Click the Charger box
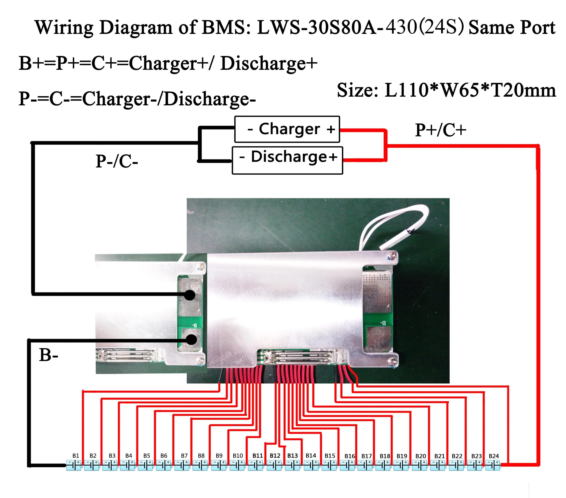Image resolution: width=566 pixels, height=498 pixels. pyautogui.click(x=287, y=129)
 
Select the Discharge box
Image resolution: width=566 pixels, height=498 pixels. pyautogui.click(x=287, y=160)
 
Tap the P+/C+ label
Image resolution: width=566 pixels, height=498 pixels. pyautogui.click(x=441, y=130)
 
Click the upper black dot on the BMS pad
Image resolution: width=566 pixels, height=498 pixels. pyautogui.click(x=190, y=295)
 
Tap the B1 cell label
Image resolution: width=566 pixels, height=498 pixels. pyautogui.click(x=76, y=456)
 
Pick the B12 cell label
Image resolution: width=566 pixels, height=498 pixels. pyautogui.click(x=275, y=456)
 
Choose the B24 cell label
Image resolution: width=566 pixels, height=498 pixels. pyautogui.click(x=494, y=456)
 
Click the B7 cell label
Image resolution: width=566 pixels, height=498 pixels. pyautogui.click(x=184, y=456)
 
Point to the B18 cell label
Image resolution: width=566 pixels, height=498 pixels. pyautogui.click(x=385, y=456)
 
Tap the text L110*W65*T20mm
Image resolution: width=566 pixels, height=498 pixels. pyautogui.click(x=470, y=90)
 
